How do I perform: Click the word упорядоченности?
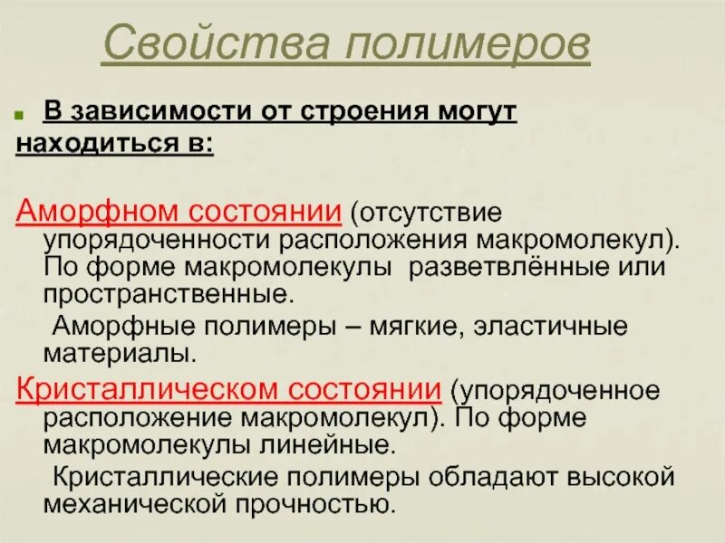click(x=158, y=242)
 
